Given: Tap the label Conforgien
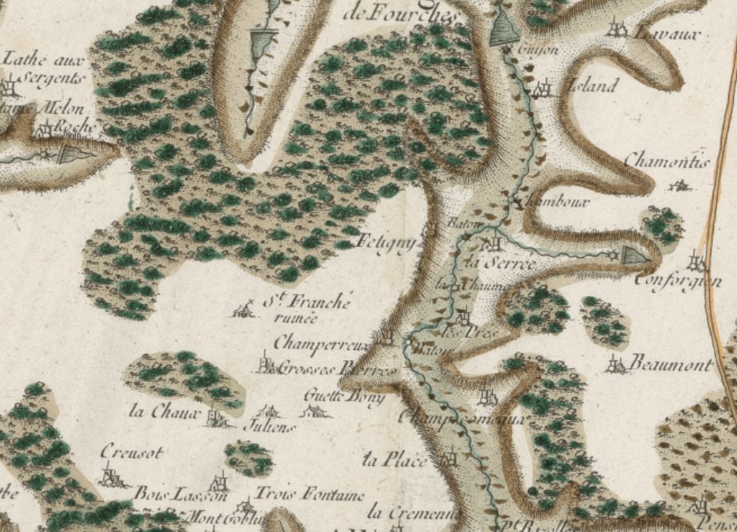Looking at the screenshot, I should coord(678,280).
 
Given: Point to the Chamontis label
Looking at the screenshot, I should coord(666,162).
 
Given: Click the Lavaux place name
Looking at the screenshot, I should coord(665,34).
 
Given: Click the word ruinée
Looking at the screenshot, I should coord(293,317).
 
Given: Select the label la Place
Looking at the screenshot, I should coord(396,460).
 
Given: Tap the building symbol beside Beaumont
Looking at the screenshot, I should coord(617,363).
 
